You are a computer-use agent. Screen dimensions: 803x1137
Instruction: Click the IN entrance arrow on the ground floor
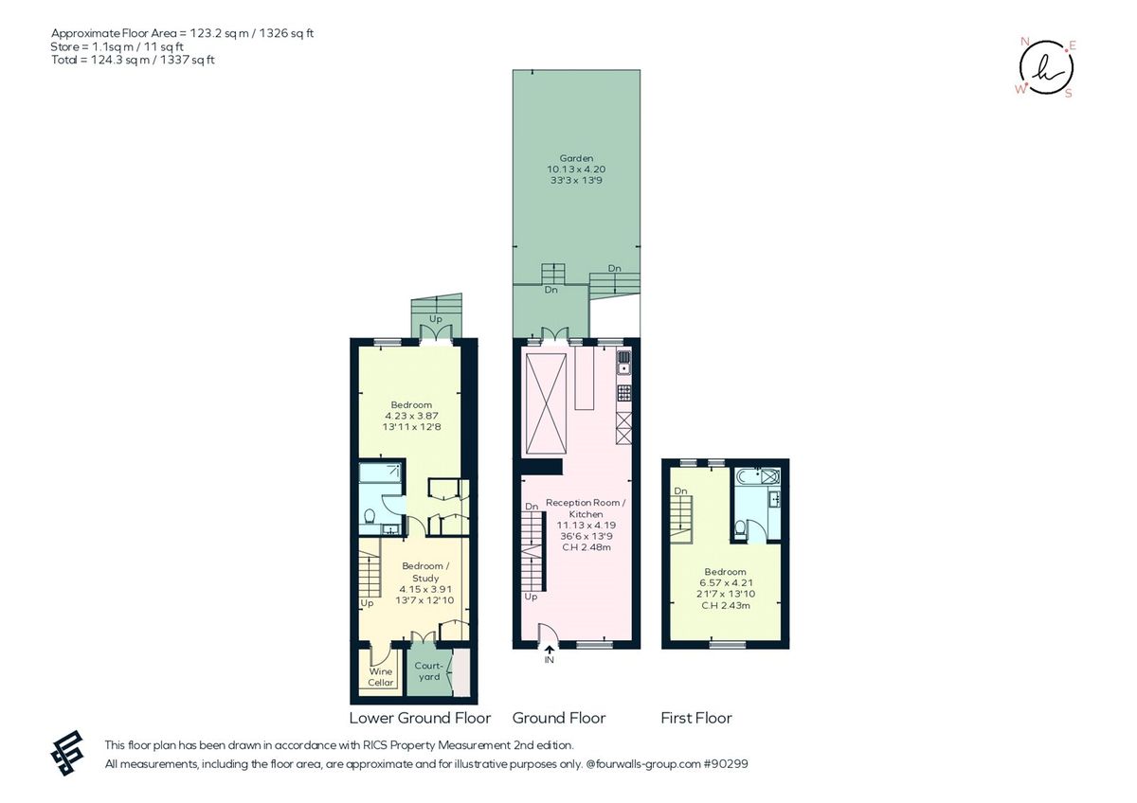(x=550, y=649)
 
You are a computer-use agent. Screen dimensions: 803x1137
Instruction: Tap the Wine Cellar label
(x=381, y=677)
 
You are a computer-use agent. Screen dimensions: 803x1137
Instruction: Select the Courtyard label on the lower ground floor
(x=428, y=671)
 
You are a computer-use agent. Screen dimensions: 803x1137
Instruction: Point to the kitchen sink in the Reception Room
(x=623, y=359)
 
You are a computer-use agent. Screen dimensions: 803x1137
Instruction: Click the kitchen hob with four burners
(x=623, y=391)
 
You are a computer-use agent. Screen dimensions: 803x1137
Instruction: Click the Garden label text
(x=575, y=158)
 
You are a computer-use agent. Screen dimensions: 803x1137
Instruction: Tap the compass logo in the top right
(x=1046, y=68)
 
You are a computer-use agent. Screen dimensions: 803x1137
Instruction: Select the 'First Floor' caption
(x=696, y=718)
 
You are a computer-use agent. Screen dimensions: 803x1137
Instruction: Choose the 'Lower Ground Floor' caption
(x=420, y=718)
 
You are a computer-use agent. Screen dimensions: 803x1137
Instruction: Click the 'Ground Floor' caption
(x=559, y=718)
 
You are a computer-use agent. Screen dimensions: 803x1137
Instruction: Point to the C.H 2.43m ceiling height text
(x=725, y=605)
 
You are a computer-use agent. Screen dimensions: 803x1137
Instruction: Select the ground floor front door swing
(x=544, y=634)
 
